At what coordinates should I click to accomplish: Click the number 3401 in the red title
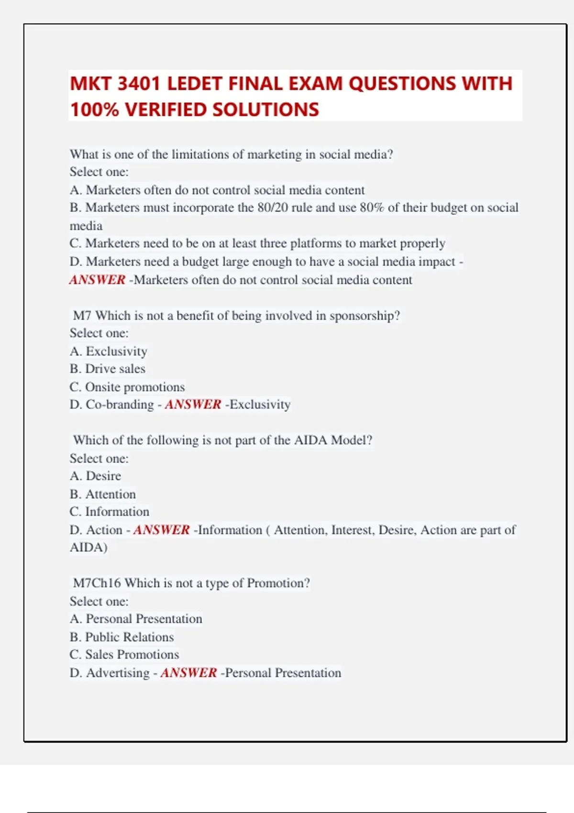(x=138, y=84)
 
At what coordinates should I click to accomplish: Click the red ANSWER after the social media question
(x=97, y=280)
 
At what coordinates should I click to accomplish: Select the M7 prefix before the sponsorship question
(x=82, y=316)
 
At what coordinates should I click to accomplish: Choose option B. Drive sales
(x=107, y=369)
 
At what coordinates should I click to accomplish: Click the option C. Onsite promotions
(x=127, y=387)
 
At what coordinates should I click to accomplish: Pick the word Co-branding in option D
(x=120, y=405)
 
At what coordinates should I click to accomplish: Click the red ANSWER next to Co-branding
(x=193, y=405)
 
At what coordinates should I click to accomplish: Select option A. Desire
(x=95, y=476)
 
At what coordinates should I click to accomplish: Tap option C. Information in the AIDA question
(x=110, y=512)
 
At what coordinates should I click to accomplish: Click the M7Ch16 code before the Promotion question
(x=97, y=583)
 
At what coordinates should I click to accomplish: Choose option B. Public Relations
(x=121, y=637)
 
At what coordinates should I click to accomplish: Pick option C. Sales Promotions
(x=124, y=655)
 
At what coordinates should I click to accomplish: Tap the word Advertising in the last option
(x=118, y=673)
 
